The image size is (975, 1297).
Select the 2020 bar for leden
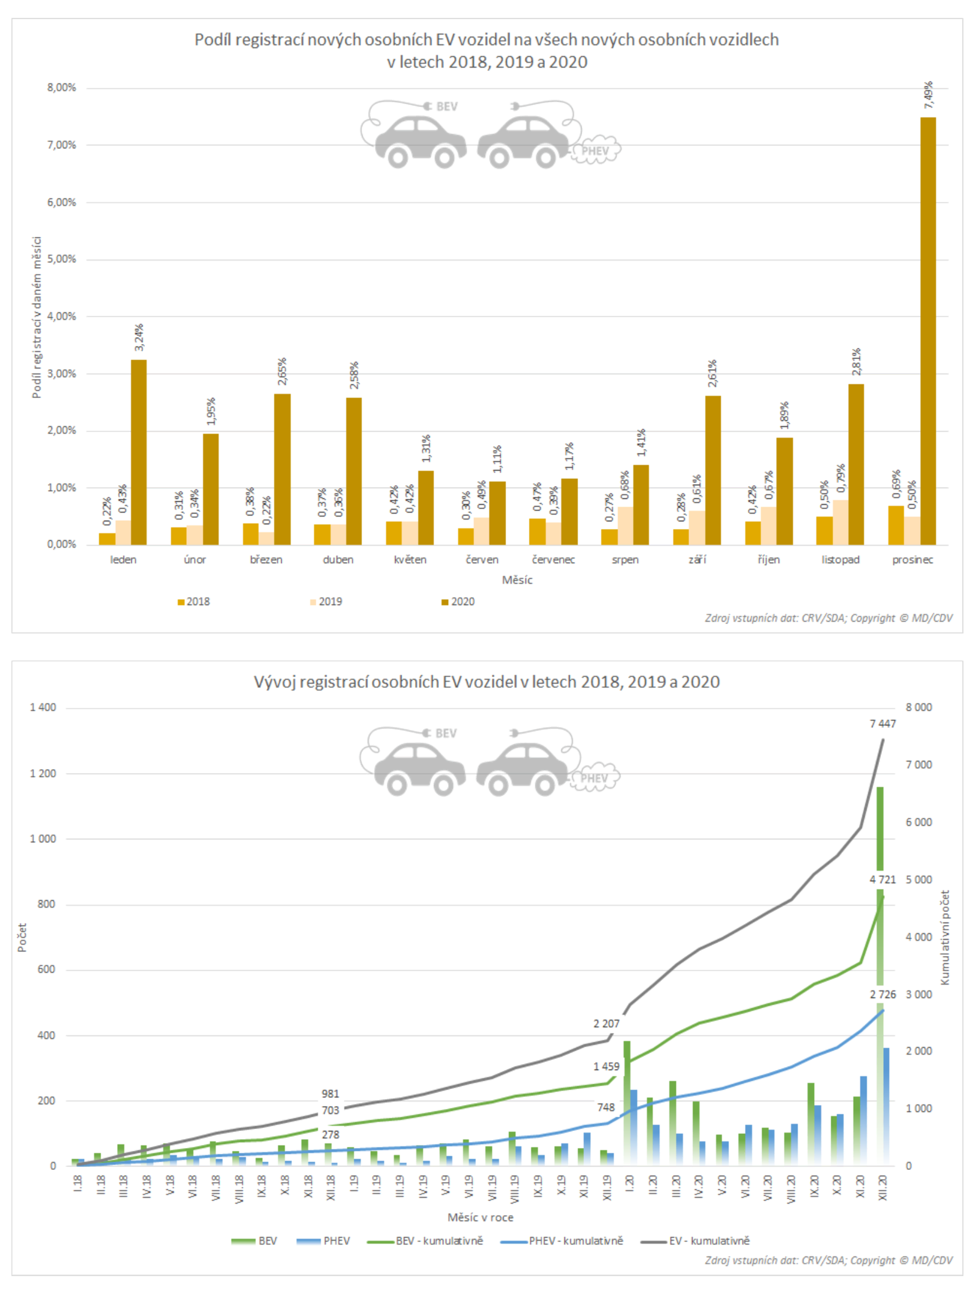[139, 452]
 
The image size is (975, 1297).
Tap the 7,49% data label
[928, 95]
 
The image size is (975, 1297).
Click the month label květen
[410, 560]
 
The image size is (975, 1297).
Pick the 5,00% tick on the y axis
[62, 259]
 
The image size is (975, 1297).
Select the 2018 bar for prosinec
[895, 525]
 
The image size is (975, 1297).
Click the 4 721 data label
[882, 879]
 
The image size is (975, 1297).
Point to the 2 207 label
[606, 1024]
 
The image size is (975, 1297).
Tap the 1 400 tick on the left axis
[43, 708]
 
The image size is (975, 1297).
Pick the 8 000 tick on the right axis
[919, 708]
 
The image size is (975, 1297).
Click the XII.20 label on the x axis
[883, 1188]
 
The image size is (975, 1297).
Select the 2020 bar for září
[713, 470]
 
